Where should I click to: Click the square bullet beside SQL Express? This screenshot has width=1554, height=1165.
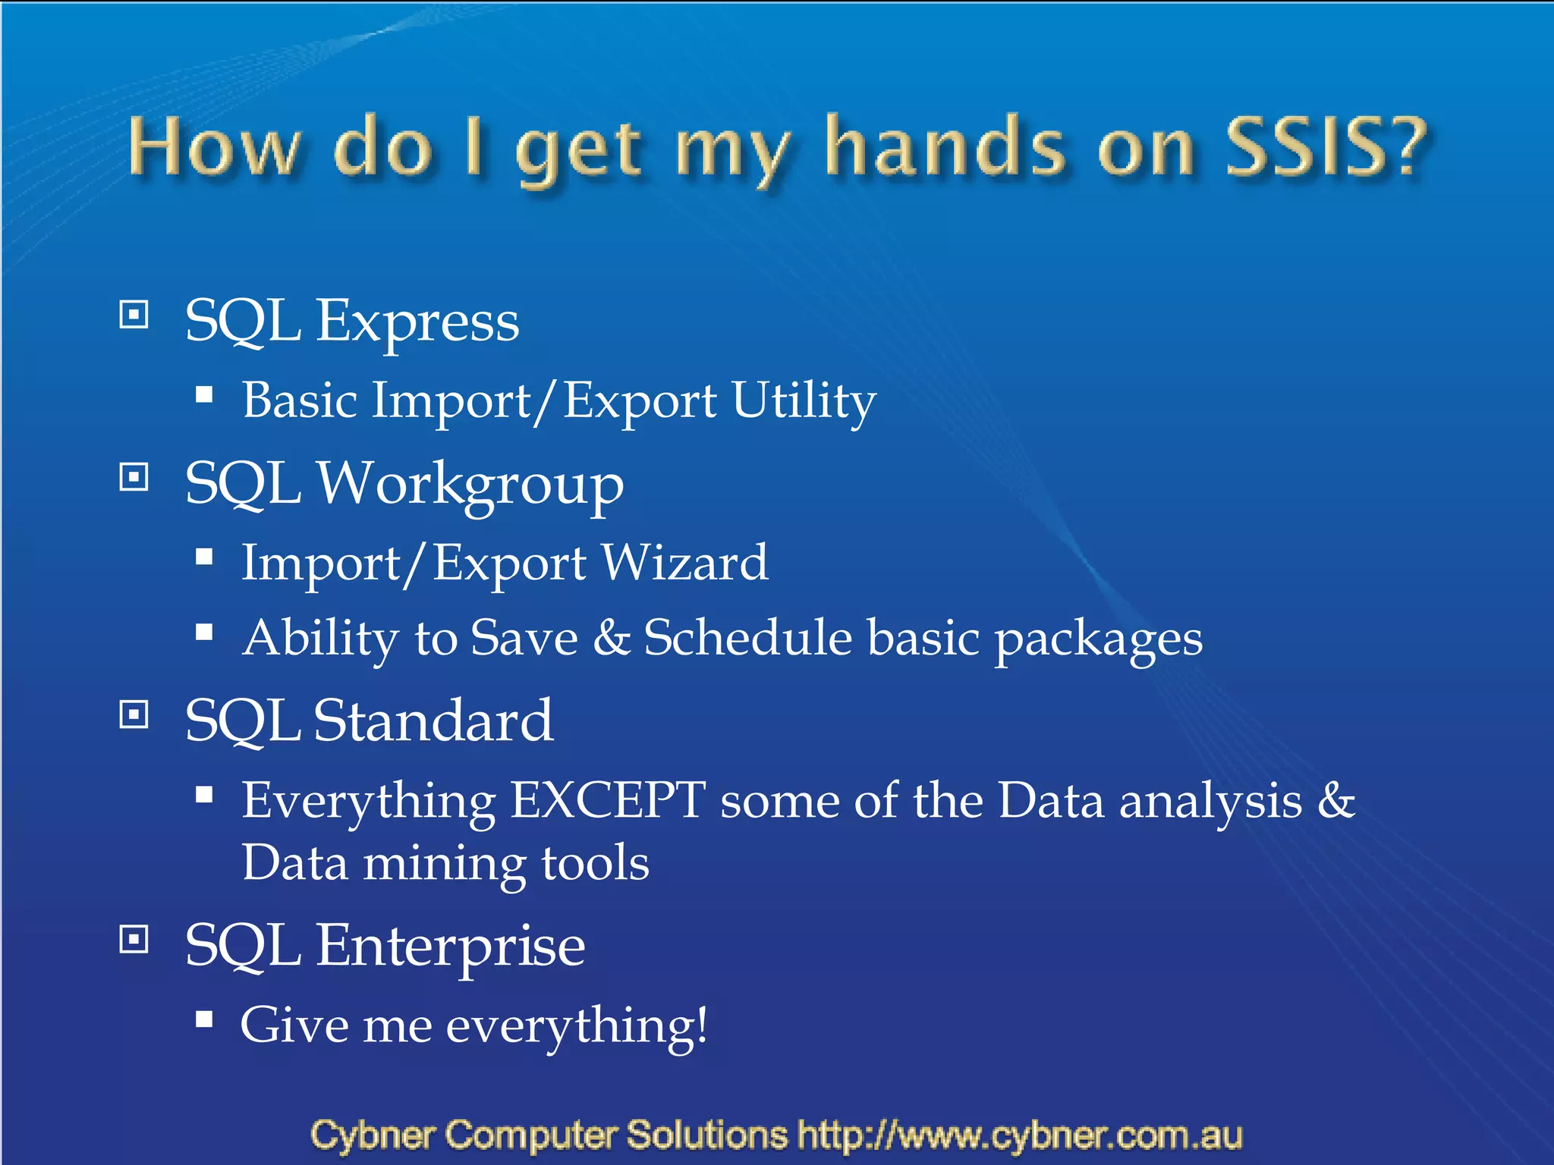coord(134,313)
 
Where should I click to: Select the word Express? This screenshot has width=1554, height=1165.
coord(417,322)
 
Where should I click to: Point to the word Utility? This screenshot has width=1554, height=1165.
coord(804,401)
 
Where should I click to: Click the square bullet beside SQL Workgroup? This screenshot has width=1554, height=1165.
coord(134,477)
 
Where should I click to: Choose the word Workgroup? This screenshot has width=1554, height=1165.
coord(470,485)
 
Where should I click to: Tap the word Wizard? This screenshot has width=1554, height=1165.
coord(684,564)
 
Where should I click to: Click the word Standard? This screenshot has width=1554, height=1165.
coord(433,721)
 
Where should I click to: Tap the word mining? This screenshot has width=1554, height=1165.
coord(444,864)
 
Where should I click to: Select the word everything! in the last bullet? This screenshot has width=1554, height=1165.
coord(577,1027)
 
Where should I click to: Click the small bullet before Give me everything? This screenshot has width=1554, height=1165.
coord(204,1019)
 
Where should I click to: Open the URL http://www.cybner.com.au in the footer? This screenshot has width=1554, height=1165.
coord(1020,1135)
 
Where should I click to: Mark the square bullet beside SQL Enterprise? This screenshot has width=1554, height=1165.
coord(134,940)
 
